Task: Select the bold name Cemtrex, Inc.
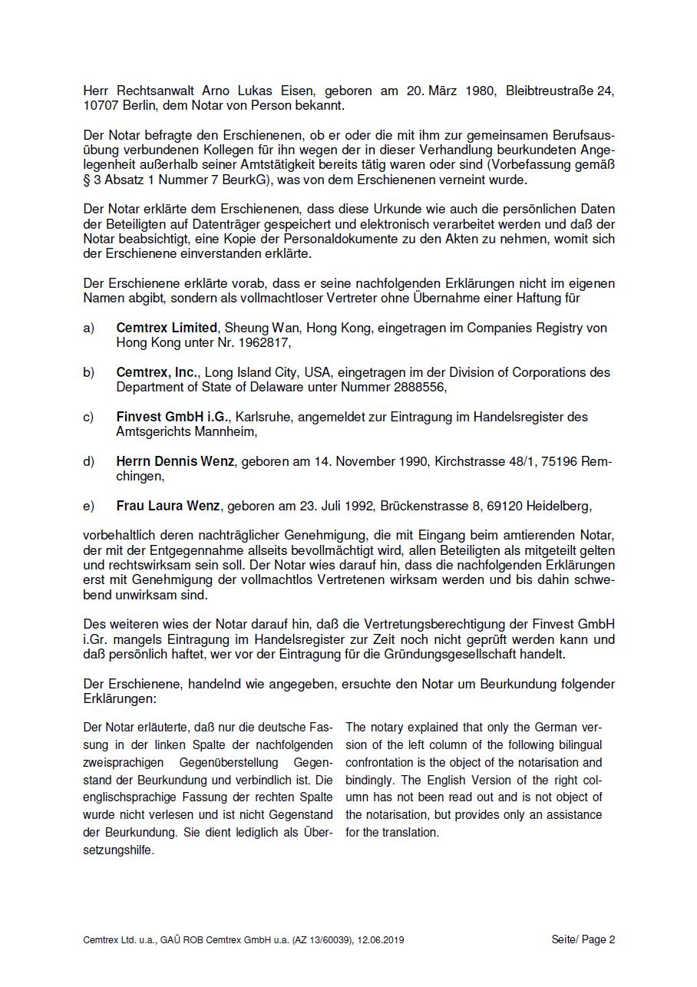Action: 157,372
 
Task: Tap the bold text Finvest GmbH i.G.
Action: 173,417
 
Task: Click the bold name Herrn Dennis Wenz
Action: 175,461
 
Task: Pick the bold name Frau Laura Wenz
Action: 168,506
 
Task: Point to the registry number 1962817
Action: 265,343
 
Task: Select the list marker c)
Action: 89,417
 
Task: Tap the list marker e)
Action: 89,506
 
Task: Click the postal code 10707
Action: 101,105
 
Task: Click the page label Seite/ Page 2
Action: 583,939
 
